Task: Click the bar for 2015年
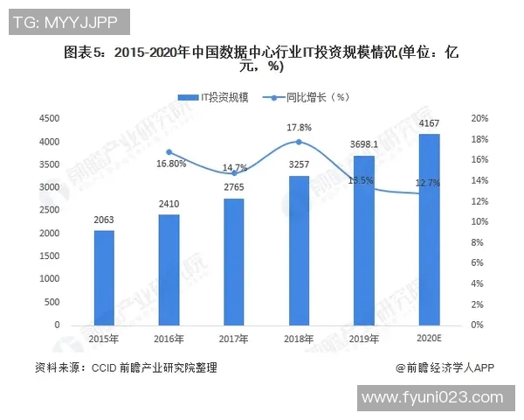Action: (x=104, y=277)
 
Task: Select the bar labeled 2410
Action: (x=169, y=269)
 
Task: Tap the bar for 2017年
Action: (x=233, y=262)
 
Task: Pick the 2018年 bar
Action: (x=299, y=250)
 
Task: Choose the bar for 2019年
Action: (x=363, y=240)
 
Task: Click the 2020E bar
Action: (x=429, y=229)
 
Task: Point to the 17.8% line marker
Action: (x=299, y=142)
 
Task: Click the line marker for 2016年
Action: (x=169, y=152)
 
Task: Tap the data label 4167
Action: (x=429, y=124)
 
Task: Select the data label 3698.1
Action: (x=364, y=144)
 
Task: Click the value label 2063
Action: (x=104, y=220)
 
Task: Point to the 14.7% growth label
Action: (x=234, y=167)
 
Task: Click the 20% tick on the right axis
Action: (x=479, y=118)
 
